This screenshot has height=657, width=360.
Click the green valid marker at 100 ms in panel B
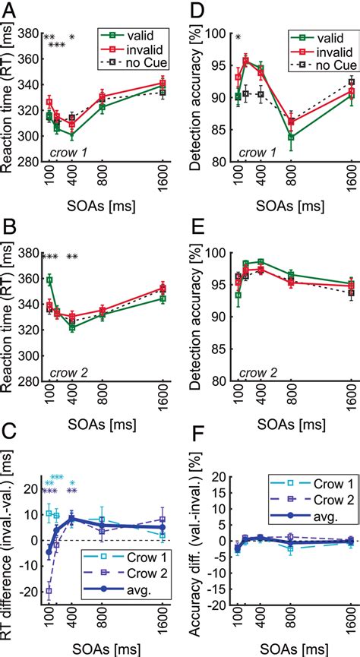tap(49, 280)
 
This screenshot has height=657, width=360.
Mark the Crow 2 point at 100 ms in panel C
tap(49, 590)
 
